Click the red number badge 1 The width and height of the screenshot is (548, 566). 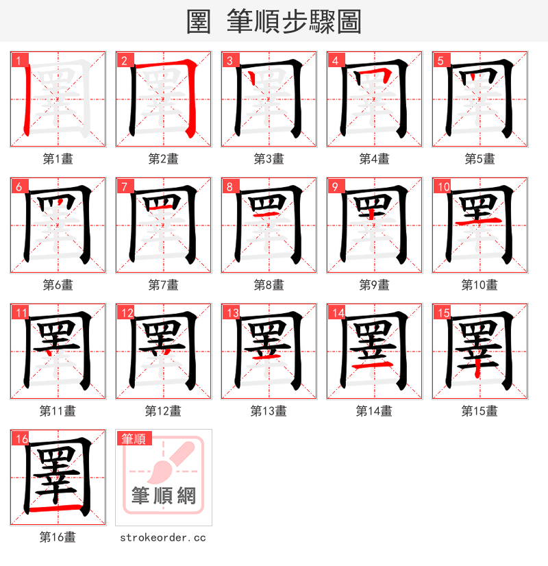(x=16, y=60)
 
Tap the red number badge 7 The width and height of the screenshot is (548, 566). (x=122, y=186)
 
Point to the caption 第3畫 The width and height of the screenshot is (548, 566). (x=269, y=159)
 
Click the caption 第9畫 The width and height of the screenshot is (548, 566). (x=374, y=285)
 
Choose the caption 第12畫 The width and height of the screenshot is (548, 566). (x=163, y=411)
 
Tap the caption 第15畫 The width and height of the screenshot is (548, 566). (x=480, y=411)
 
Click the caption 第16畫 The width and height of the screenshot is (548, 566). (x=58, y=537)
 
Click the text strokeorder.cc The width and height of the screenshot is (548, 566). (x=163, y=537)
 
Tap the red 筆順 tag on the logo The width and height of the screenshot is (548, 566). (x=134, y=439)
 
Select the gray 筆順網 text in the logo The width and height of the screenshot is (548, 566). (x=164, y=496)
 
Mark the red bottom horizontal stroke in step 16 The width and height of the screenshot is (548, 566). (x=58, y=510)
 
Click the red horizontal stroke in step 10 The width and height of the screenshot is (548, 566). (x=480, y=223)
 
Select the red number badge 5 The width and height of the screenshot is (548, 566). (x=438, y=60)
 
